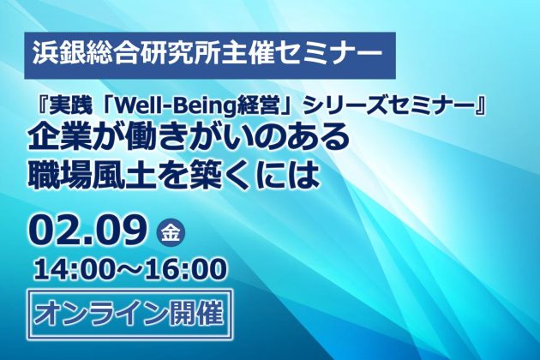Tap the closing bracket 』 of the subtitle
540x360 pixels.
tap(480, 109)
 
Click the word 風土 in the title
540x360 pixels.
tap(118, 176)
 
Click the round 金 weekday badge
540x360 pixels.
tap(171, 234)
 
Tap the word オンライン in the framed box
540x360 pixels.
tap(97, 314)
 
